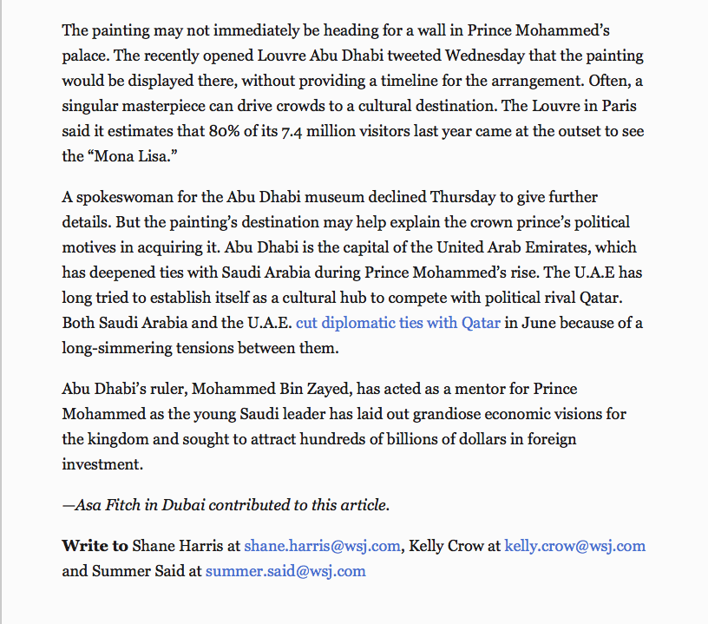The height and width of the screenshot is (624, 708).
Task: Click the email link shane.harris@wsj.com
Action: pyautogui.click(x=322, y=546)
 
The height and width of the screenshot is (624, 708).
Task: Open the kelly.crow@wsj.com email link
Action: pyautogui.click(x=575, y=546)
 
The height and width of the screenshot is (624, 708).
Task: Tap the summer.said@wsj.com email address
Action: pyautogui.click(x=285, y=570)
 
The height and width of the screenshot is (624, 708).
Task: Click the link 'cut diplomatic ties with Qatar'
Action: pyautogui.click(x=398, y=323)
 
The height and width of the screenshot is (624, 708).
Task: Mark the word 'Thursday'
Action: pyautogui.click(x=466, y=197)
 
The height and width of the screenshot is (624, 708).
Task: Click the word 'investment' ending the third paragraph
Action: pyautogui.click(x=101, y=464)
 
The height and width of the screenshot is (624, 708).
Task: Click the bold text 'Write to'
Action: pyautogui.click(x=95, y=546)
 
